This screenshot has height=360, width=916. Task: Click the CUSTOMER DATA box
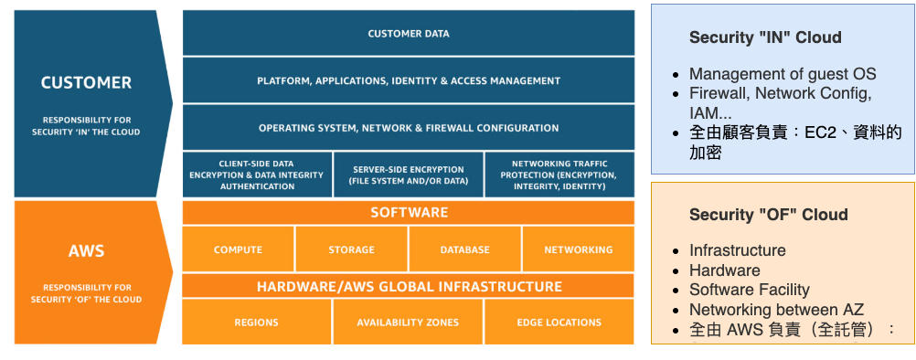point(408,34)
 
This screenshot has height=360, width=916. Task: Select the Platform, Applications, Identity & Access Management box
point(408,80)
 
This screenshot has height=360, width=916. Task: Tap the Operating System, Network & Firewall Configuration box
point(408,128)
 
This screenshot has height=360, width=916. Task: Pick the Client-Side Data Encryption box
point(256,175)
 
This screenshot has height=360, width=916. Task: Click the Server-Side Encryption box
point(407,175)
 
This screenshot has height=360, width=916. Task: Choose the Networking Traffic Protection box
point(559,175)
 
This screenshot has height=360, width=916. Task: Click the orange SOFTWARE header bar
point(408,213)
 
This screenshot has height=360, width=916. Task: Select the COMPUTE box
point(238,249)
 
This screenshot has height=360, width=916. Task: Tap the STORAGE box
point(352,249)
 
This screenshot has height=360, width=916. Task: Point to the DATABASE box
point(464,249)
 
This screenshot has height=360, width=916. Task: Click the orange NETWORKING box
point(578,249)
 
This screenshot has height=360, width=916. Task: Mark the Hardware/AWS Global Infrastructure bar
point(408,286)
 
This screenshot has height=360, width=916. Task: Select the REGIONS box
point(256,322)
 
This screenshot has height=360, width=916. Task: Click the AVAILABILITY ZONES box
point(408,322)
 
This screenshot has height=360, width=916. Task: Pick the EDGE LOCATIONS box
point(559,322)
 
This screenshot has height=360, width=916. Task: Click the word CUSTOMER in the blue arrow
point(86,82)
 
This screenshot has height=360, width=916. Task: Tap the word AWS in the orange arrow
point(86,250)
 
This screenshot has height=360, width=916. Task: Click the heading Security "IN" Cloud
point(765,37)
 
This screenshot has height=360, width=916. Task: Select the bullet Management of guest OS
point(782,74)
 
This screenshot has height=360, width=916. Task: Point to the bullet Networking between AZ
point(776,310)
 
